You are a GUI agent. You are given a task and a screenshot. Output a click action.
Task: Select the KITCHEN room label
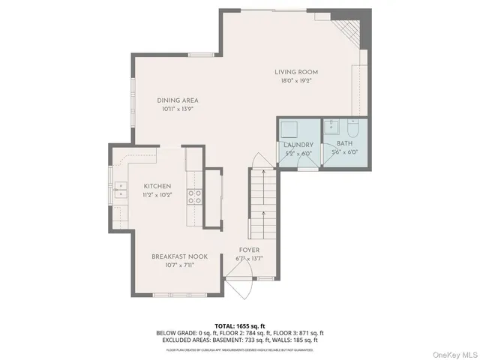point(157,186)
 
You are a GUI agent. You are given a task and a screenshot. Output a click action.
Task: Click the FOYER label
point(250,250)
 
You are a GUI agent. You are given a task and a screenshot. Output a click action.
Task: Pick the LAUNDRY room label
point(298,144)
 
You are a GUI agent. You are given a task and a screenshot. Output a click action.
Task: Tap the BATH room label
point(344,144)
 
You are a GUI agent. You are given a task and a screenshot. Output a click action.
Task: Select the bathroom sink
point(334,124)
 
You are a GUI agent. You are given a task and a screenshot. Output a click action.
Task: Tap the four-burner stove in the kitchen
point(194,196)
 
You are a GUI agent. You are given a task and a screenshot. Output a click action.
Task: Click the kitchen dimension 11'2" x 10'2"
point(157,194)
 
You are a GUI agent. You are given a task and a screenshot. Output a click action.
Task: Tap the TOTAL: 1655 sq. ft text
point(240,326)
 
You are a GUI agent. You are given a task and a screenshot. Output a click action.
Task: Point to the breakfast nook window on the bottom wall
point(173,293)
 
